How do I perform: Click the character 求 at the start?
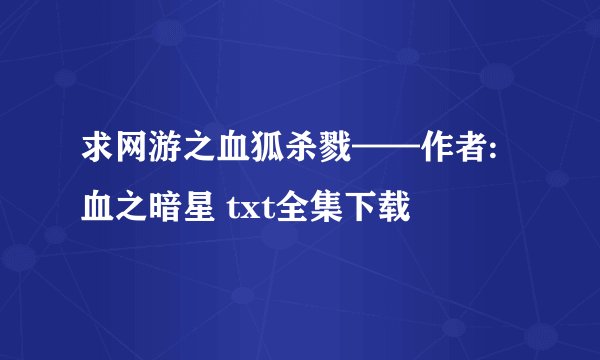tap(98, 156)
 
